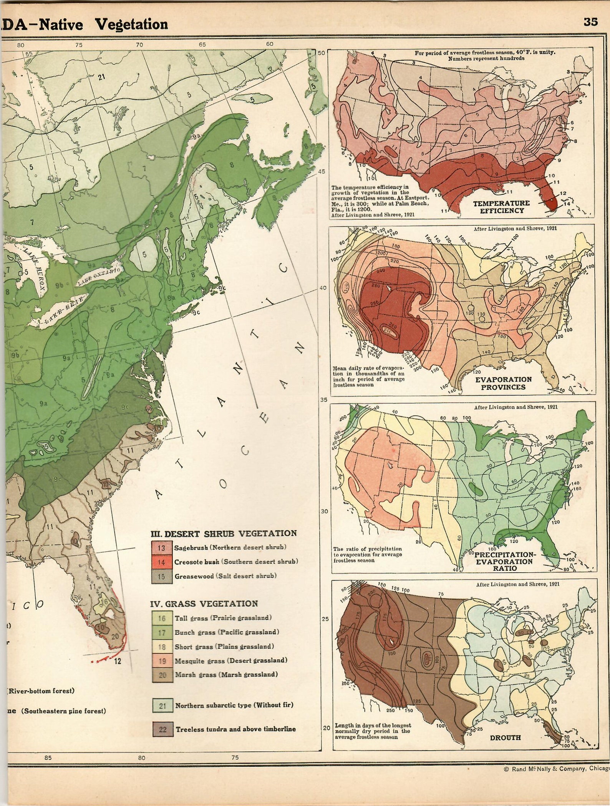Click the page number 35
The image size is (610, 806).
pyautogui.click(x=590, y=22)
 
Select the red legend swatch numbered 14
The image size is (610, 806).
pyautogui.click(x=161, y=562)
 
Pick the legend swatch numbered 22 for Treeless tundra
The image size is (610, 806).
pyautogui.click(x=163, y=729)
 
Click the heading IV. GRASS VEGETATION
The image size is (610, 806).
pyautogui.click(x=204, y=603)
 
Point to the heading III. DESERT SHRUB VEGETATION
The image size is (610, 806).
pyautogui.click(x=224, y=533)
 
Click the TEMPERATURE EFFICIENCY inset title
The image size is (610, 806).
pyautogui.click(x=501, y=207)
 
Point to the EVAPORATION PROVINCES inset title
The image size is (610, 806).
pyautogui.click(x=503, y=383)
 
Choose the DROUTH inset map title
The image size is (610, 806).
pyautogui.click(x=505, y=738)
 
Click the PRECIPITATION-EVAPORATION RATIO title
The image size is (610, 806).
pyautogui.click(x=505, y=562)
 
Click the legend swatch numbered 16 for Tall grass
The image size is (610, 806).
pyautogui.click(x=162, y=618)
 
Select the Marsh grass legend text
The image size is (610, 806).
pyautogui.click(x=226, y=675)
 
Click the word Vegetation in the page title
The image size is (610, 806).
pyautogui.click(x=131, y=25)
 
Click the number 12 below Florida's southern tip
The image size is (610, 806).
pyautogui.click(x=118, y=661)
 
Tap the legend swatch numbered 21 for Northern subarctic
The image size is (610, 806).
pyautogui.click(x=162, y=705)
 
